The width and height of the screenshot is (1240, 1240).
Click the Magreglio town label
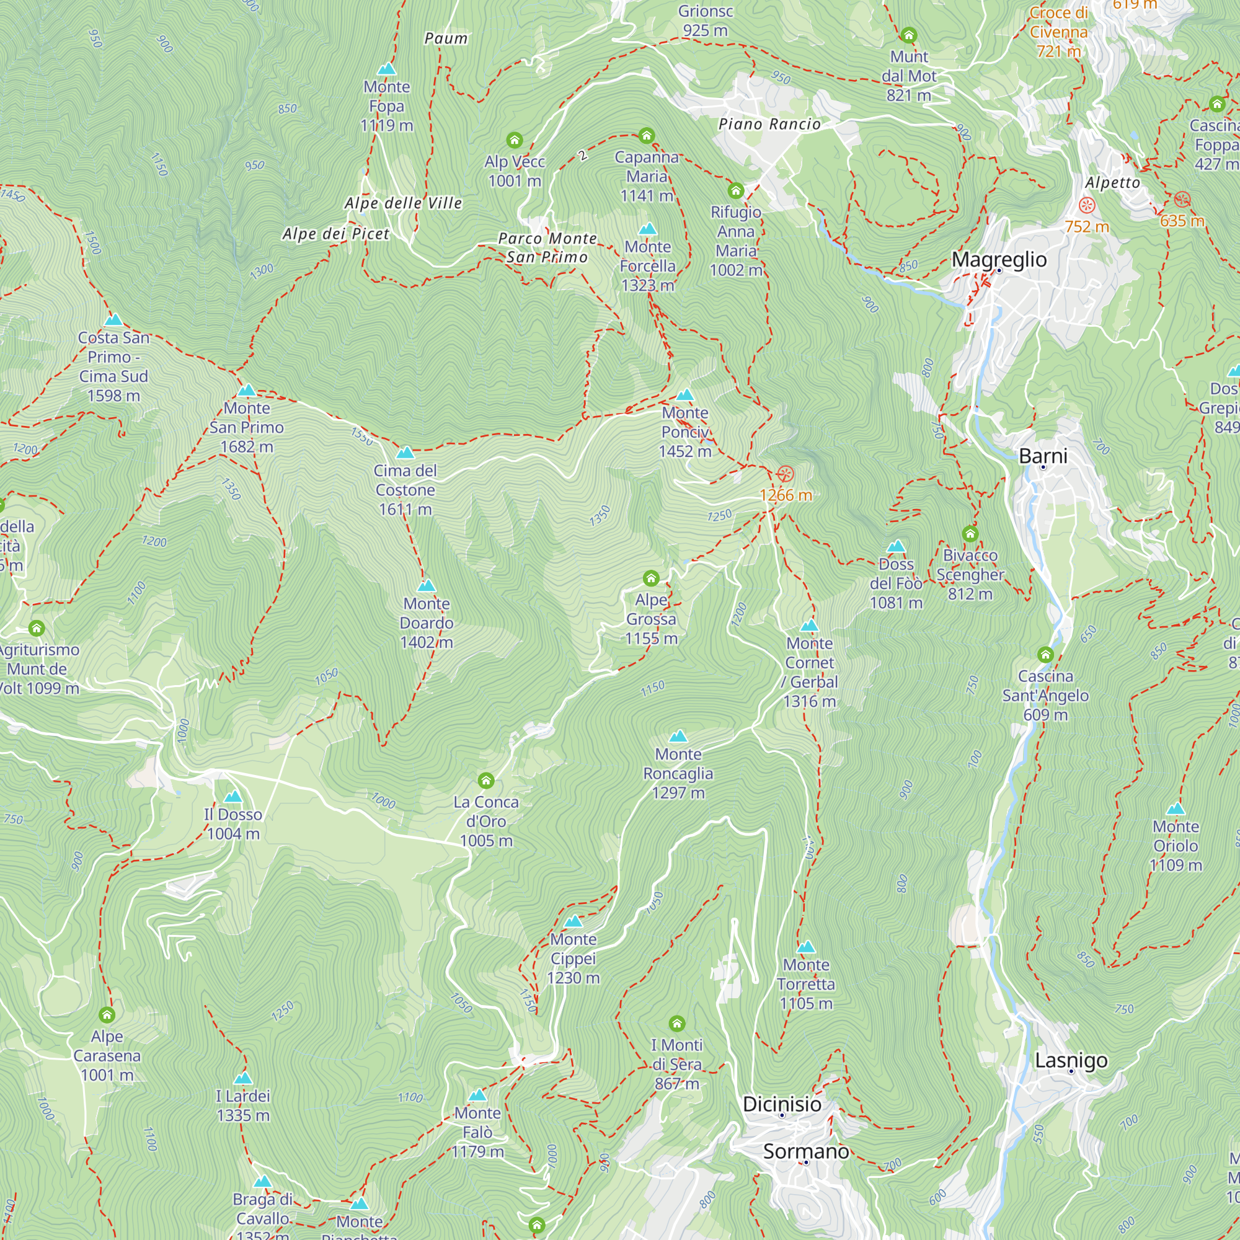pos(999,259)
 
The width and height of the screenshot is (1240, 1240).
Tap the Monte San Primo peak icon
pos(247,390)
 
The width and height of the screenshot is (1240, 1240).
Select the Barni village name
pos(1043,456)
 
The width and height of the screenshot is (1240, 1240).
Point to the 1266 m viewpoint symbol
pos(785,474)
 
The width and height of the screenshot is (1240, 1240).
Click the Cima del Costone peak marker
pos(405,453)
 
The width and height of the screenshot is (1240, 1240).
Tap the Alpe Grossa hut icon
pos(651,578)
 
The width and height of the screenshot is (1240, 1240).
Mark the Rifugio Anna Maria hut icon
pos(735,190)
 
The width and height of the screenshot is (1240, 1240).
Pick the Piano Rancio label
pos(769,124)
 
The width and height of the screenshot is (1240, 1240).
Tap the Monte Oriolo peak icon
pos(1175,808)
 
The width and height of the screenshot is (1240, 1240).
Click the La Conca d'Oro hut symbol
pos(486,781)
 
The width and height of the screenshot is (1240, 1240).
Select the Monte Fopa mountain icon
pos(386,69)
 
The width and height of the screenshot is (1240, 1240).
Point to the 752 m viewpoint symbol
pos(1086,205)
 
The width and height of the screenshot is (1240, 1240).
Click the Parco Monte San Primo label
pos(547,248)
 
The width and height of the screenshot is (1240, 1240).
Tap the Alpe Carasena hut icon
pos(107,1015)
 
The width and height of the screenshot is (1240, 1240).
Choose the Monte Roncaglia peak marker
pos(678,736)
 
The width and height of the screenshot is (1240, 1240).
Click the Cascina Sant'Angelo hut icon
pos(1045,655)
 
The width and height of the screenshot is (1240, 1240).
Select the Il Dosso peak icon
pos(233,797)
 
